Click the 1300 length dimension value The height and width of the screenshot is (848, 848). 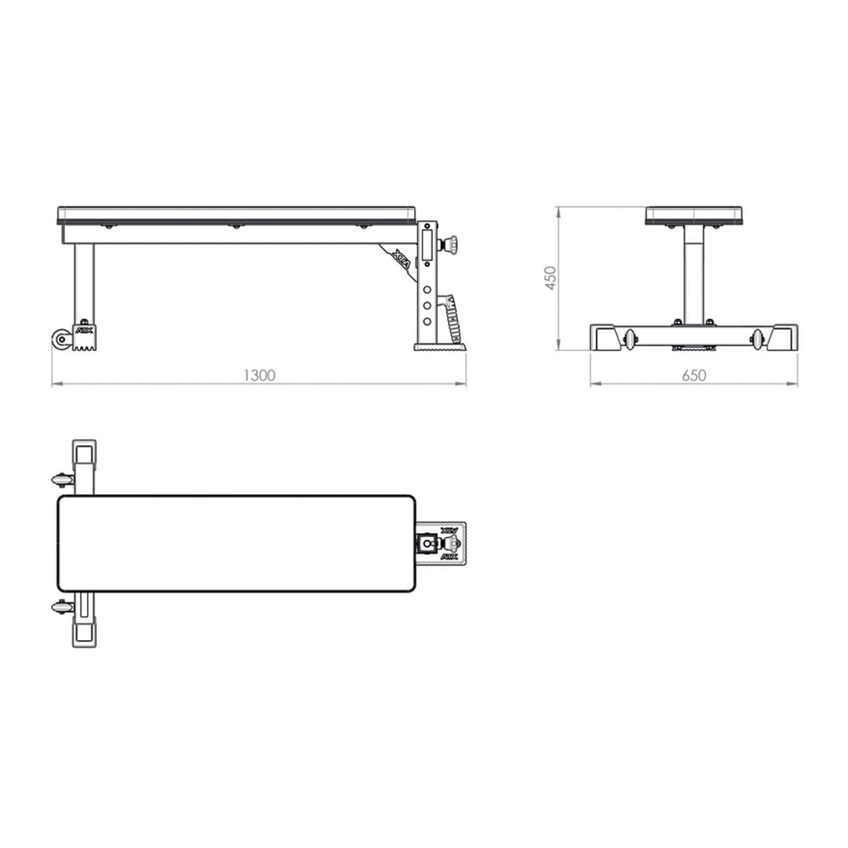tap(259, 375)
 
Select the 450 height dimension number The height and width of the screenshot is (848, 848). tap(551, 277)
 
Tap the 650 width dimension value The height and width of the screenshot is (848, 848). tap(693, 375)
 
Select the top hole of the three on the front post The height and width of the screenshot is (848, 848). tap(427, 290)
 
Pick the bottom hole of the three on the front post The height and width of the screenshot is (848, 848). tap(427, 320)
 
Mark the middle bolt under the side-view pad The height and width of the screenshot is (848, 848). tap(232, 226)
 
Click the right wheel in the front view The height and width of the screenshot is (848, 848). tap(758, 339)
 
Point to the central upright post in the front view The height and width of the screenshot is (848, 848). tap(693, 276)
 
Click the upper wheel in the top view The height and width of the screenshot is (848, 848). tap(62, 480)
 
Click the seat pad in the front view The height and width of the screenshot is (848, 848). tap(693, 216)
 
